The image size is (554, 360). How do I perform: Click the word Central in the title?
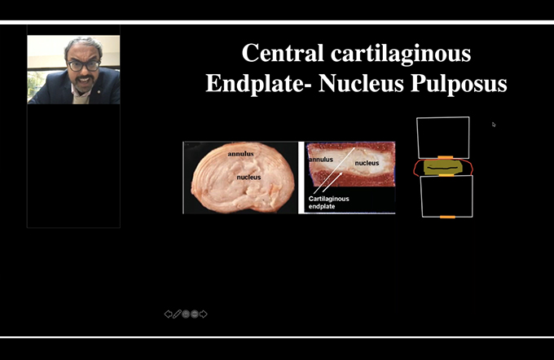coord(283,53)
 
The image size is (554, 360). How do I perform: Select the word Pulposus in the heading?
coord(459,83)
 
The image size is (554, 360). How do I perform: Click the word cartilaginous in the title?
coord(401,54)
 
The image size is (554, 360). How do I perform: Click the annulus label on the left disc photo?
coord(240,154)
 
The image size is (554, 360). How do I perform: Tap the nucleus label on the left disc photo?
coord(248,177)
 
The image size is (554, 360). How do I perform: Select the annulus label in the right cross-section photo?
coord(321,160)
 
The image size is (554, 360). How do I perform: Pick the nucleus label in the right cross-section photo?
coord(367,163)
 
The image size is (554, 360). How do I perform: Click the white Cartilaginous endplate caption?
coord(328,203)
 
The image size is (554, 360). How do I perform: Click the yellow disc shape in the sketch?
coord(442,167)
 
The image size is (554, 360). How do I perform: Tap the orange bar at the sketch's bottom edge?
coord(447,217)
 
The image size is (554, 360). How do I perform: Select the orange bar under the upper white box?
coord(445,157)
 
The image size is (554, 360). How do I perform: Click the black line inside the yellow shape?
coord(443,168)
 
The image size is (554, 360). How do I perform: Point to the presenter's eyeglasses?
coord(84,66)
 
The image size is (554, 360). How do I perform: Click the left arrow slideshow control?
coord(168,314)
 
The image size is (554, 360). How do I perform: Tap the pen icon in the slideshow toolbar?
coord(177,314)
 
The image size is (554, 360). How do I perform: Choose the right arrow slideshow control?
coord(204,314)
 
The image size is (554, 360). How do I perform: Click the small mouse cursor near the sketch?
coord(494,125)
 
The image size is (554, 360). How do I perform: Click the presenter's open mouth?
coord(84,81)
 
